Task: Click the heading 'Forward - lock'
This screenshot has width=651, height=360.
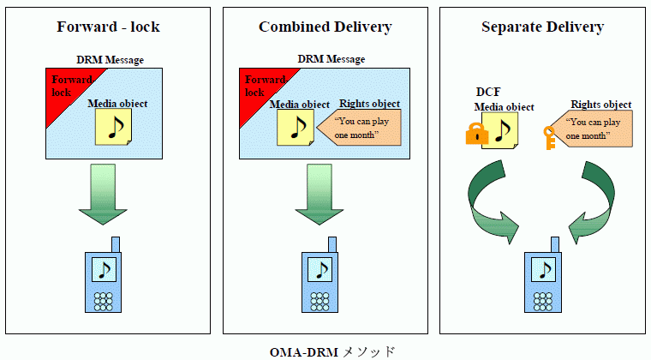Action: [x=108, y=27]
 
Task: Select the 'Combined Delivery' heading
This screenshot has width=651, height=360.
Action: [x=325, y=27]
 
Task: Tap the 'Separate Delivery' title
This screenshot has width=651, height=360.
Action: [x=542, y=27]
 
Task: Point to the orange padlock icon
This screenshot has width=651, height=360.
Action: [x=476, y=134]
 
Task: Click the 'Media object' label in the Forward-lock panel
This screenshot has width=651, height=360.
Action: [x=118, y=104]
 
